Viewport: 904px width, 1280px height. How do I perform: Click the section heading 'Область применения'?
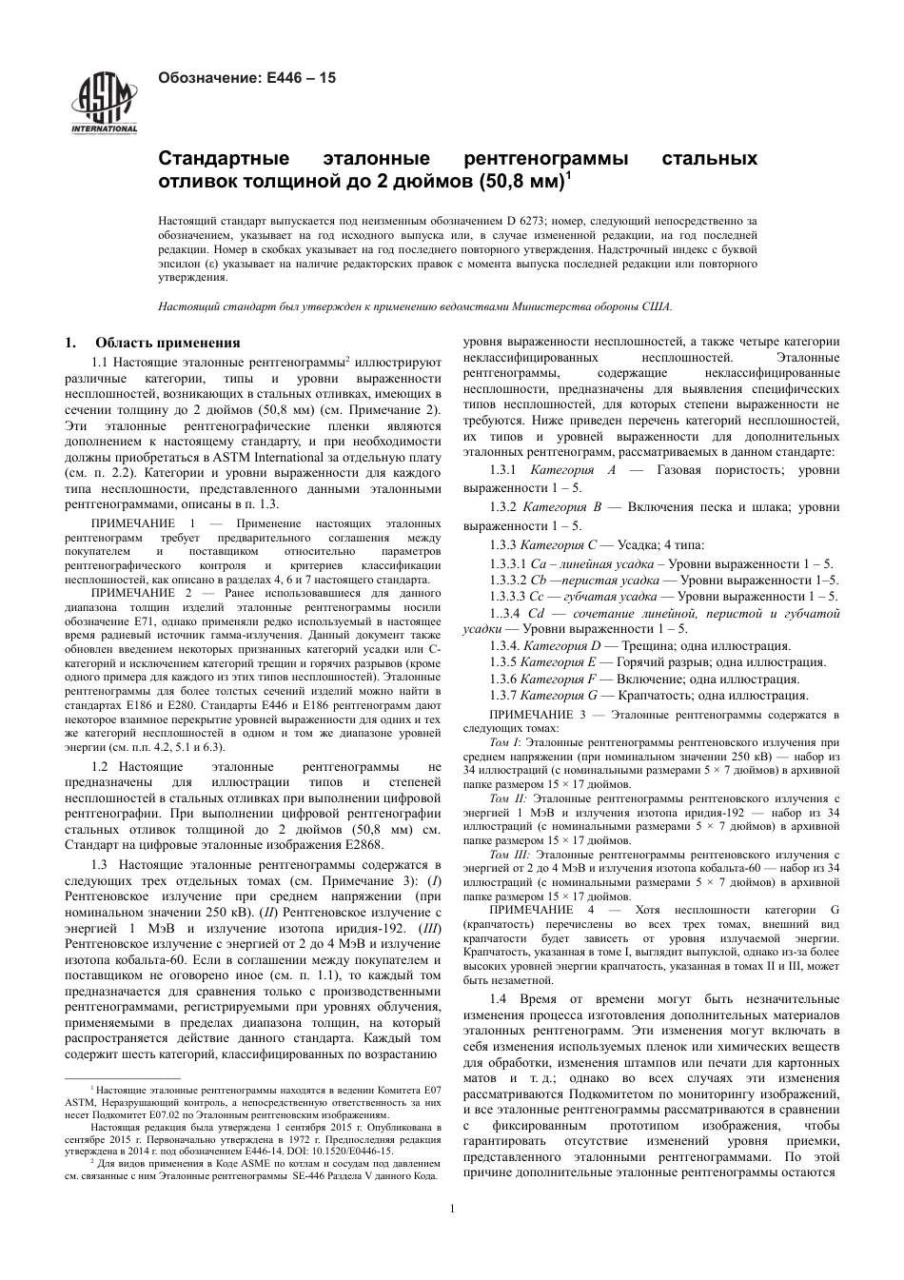tap(167, 343)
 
